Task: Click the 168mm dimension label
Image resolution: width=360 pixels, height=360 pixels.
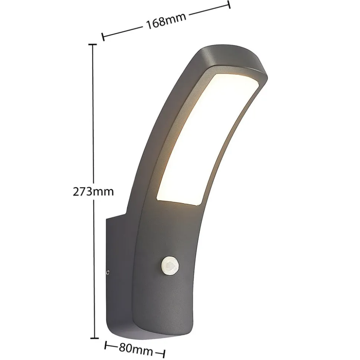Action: [x=166, y=21]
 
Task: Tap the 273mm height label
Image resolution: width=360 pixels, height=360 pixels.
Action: [x=93, y=191]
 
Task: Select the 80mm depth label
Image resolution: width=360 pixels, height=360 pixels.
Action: [x=135, y=350]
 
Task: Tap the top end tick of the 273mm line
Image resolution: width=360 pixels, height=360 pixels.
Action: [x=93, y=44]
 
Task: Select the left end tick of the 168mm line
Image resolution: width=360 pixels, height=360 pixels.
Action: [x=103, y=37]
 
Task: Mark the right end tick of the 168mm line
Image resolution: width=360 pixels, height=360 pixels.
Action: [x=229, y=5]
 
